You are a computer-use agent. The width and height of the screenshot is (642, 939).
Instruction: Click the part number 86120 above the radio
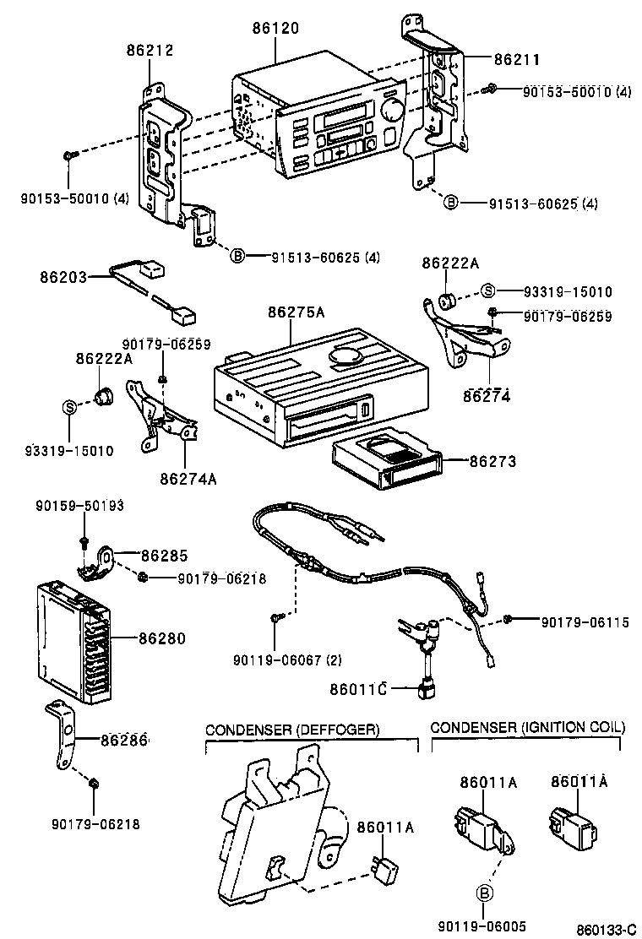click(x=275, y=28)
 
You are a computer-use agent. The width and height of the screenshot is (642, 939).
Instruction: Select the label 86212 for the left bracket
click(x=150, y=51)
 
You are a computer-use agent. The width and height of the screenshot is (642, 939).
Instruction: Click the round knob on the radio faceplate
click(x=391, y=111)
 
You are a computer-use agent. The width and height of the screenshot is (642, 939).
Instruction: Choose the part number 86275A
click(x=296, y=312)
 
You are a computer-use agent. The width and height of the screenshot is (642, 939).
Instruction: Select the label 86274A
click(x=188, y=479)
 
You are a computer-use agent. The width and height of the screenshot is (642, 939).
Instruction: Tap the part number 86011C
click(x=357, y=689)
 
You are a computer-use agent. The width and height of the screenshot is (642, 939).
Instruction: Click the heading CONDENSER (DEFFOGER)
click(x=292, y=729)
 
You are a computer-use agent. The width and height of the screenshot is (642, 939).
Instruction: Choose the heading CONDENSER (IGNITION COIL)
click(x=527, y=727)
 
